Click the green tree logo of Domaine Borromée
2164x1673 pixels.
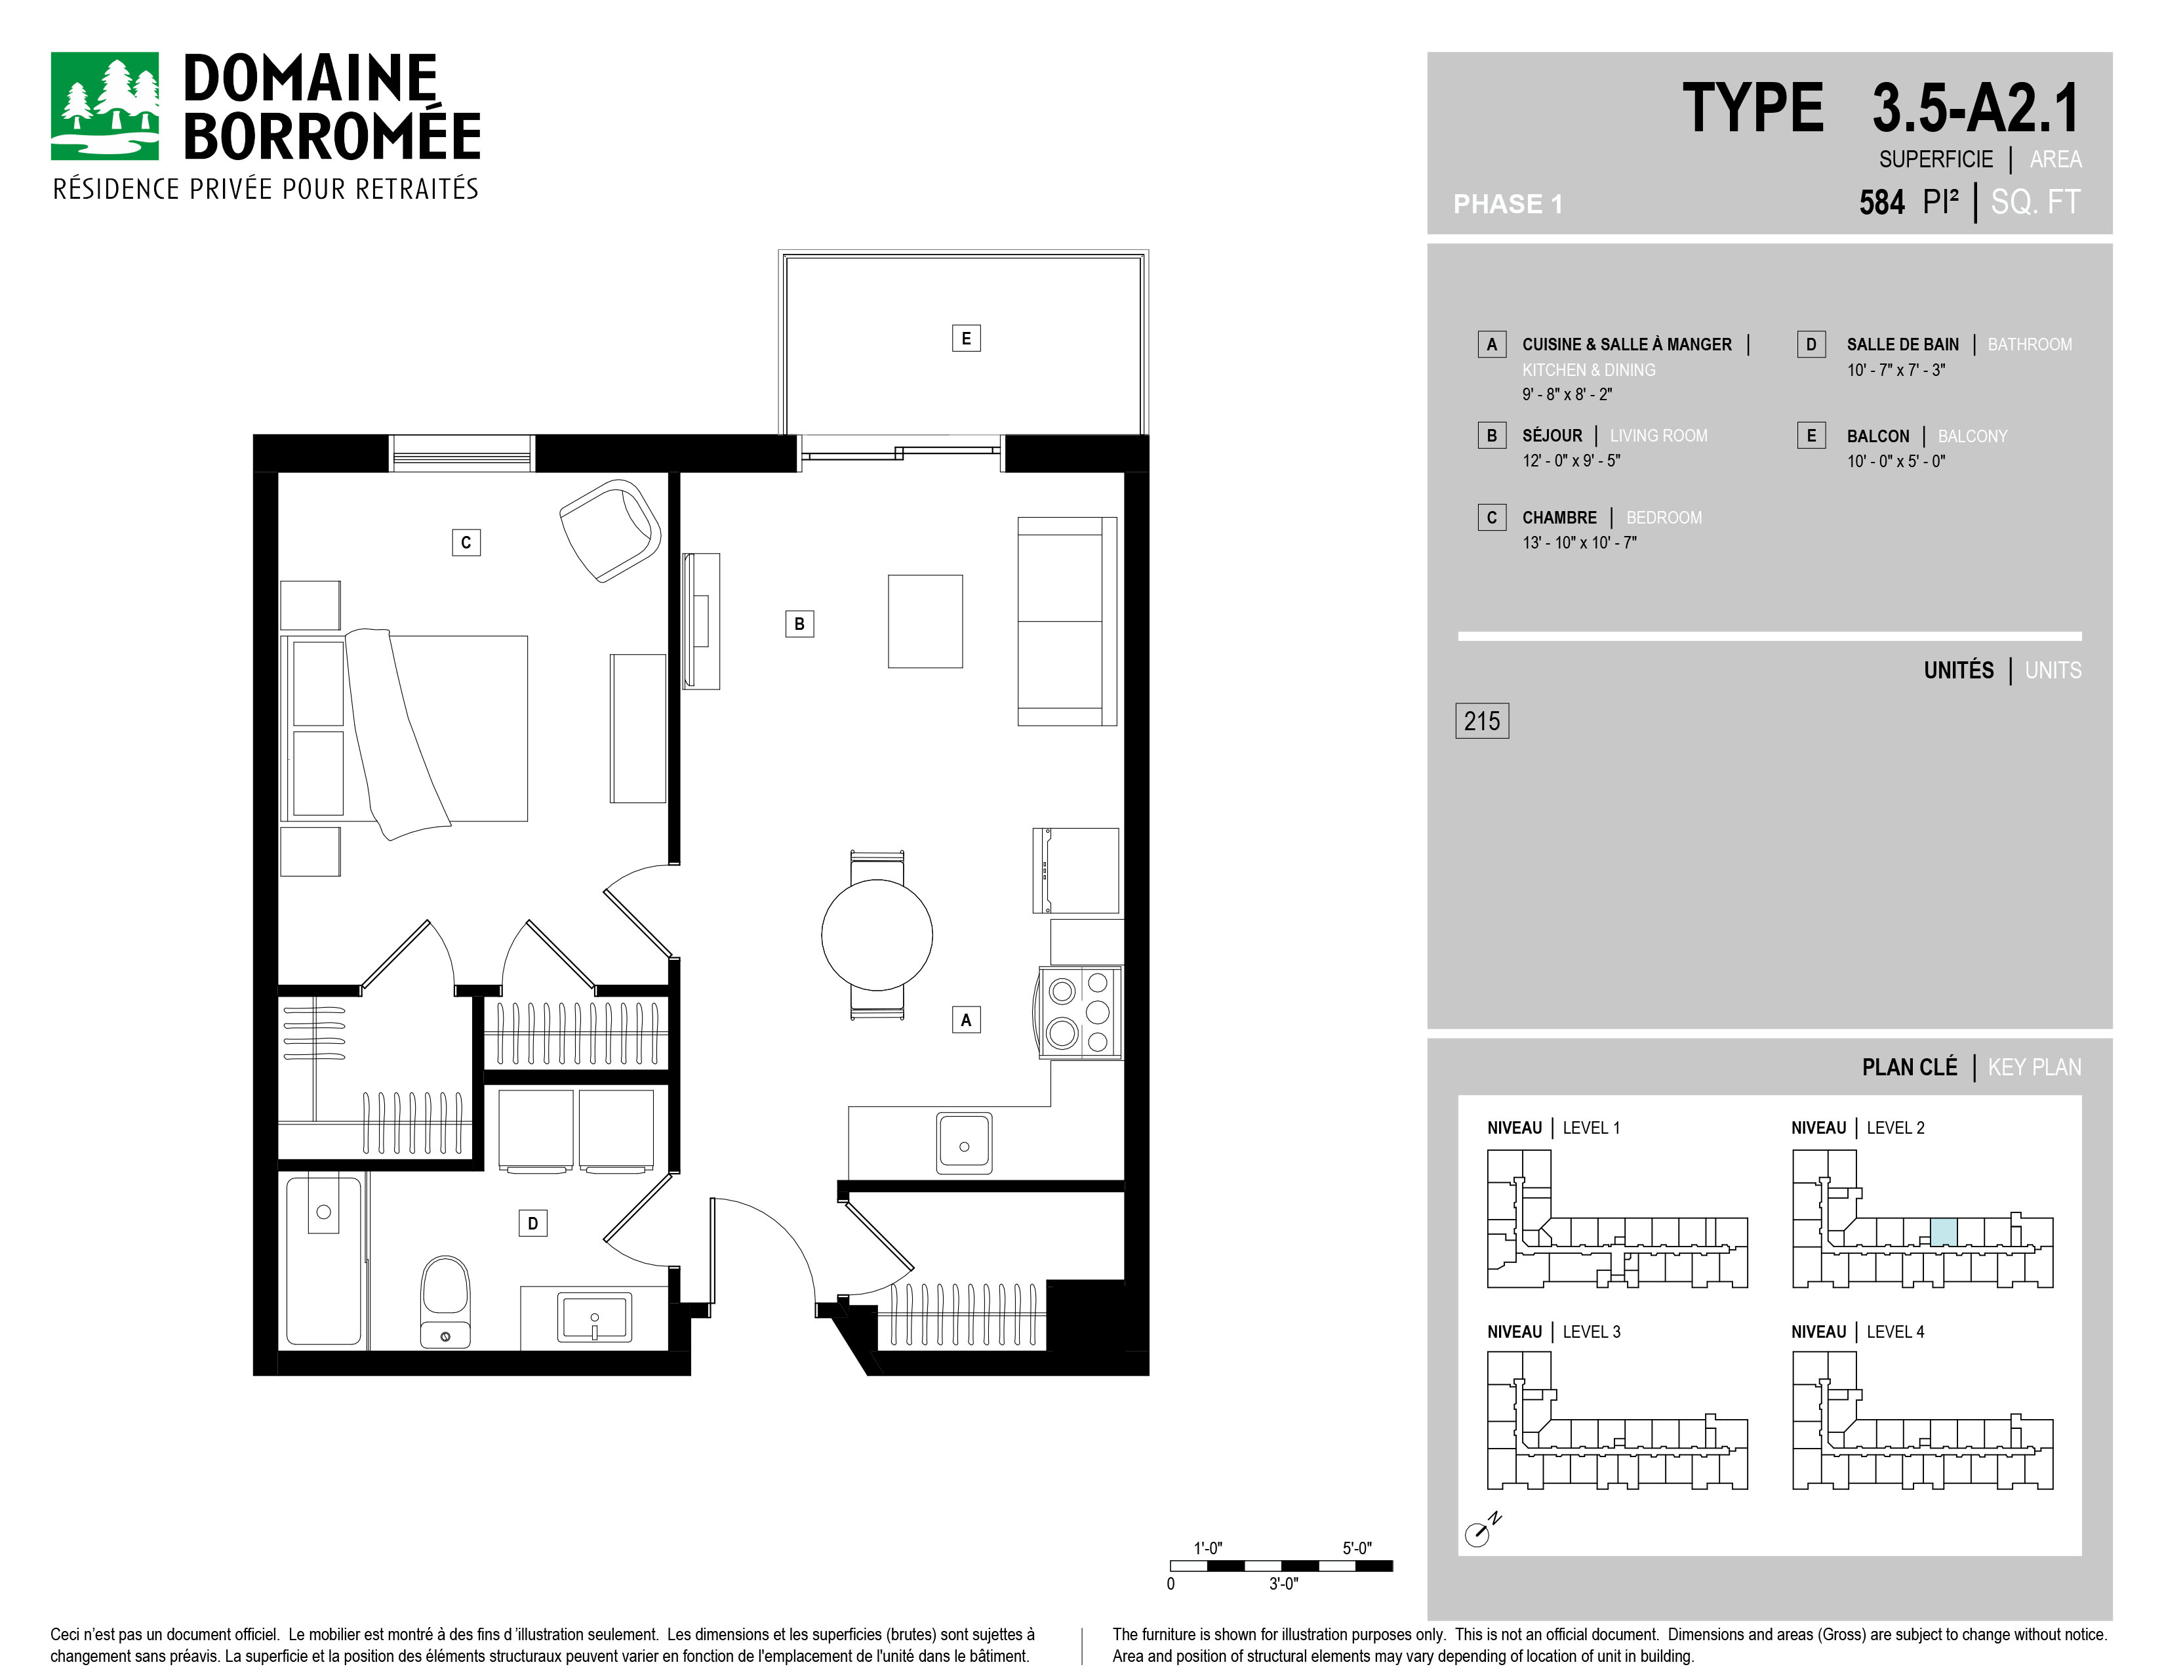click(x=104, y=106)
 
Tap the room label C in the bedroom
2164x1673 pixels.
click(x=466, y=542)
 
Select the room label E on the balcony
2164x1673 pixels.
click(x=966, y=338)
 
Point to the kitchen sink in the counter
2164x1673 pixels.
click(x=964, y=1143)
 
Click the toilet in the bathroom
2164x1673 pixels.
click(x=445, y=1302)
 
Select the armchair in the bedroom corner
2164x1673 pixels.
click(x=611, y=530)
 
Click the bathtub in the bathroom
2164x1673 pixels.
click(x=324, y=1260)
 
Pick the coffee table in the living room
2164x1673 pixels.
click(x=925, y=621)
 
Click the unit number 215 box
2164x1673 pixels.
click(x=1482, y=720)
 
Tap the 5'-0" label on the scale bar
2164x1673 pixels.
click(x=1357, y=1548)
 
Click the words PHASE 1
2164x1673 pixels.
click(x=1507, y=204)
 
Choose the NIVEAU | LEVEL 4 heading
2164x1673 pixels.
click(x=1857, y=1332)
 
